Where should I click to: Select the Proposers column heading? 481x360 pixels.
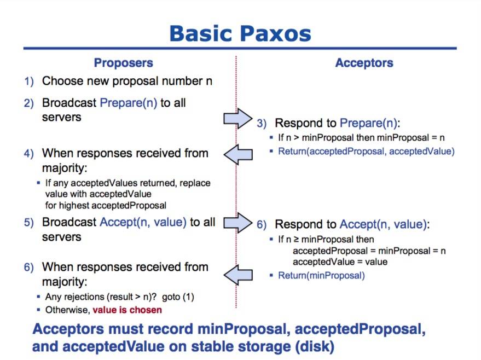click(123, 63)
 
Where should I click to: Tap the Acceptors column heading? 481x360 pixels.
click(364, 63)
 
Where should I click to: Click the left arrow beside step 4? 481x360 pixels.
click(238, 155)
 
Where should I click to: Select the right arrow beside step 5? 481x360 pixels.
click(238, 222)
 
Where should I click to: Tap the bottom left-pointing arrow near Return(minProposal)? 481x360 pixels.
click(238, 273)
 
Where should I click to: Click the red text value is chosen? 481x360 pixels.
click(127, 310)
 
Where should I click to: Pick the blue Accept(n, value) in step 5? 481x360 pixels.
click(143, 223)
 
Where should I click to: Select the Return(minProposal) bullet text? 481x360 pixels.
click(321, 275)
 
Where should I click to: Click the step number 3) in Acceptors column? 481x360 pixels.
click(262, 124)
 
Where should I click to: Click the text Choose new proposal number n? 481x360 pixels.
click(127, 82)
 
